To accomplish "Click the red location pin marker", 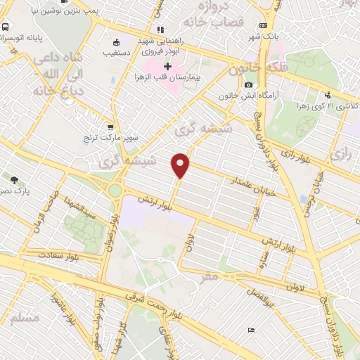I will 181,165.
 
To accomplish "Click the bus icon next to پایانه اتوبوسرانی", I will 6,27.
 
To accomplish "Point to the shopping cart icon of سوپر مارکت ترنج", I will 110,127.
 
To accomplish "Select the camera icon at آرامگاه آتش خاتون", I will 247,85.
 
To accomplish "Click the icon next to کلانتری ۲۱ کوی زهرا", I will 328,96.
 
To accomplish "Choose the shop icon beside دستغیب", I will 115,41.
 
